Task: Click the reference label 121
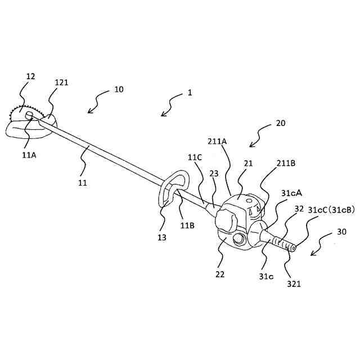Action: tap(61, 82)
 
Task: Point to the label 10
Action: tap(119, 89)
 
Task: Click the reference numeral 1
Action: tap(190, 93)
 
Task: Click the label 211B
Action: tap(286, 164)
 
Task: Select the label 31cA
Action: tap(291, 193)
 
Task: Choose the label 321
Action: tap(295, 283)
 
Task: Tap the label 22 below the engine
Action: tap(219, 274)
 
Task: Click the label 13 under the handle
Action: tap(162, 238)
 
